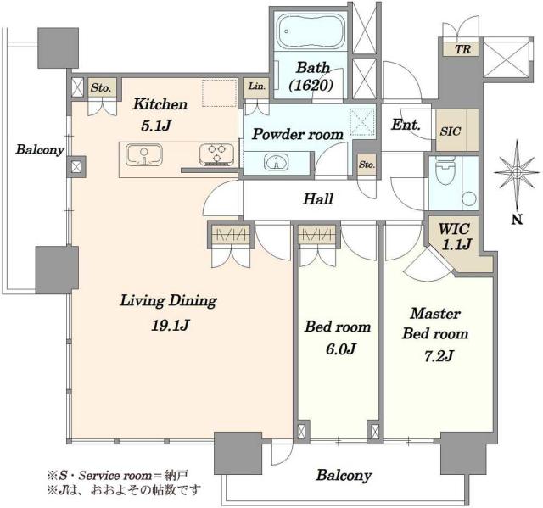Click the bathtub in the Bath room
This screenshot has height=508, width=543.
[x=311, y=31]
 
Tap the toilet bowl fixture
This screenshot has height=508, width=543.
[x=445, y=170]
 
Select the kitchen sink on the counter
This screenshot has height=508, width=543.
[x=143, y=154]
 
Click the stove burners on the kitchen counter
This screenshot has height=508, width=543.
[x=216, y=154]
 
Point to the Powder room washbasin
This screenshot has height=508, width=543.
[x=276, y=162]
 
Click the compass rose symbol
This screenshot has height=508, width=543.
[x=517, y=172]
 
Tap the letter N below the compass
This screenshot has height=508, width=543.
[x=518, y=220]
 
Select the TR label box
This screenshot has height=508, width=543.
[x=462, y=49]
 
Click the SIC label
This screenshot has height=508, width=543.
[x=451, y=131]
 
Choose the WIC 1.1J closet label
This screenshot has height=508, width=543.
[x=456, y=237]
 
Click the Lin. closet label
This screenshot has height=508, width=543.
[x=257, y=86]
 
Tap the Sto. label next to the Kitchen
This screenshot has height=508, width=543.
[x=101, y=88]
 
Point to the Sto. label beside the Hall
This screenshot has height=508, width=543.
[x=367, y=165]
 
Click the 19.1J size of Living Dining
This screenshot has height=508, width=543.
[x=170, y=326]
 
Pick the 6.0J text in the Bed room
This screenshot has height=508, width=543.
[x=340, y=349]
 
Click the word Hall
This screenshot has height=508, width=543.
[x=318, y=199]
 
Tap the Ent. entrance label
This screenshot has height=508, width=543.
[x=406, y=125]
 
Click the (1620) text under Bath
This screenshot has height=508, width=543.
[x=311, y=85]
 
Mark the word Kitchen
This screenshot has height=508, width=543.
[x=160, y=104]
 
